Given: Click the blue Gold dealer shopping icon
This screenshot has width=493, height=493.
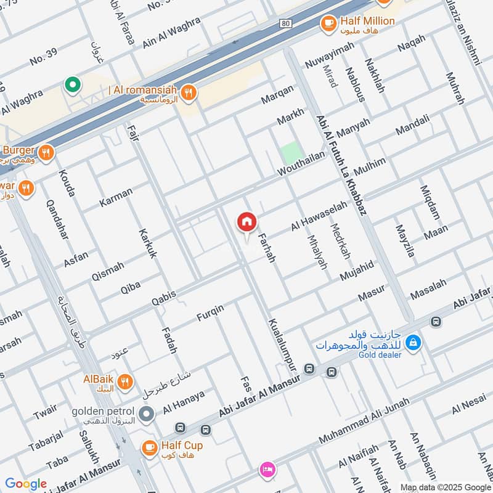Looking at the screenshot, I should [x=415, y=341].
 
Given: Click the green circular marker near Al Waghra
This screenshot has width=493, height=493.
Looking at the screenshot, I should [x=73, y=85].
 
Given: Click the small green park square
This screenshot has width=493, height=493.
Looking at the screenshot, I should [x=290, y=153].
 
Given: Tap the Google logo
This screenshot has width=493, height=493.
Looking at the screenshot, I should [x=26, y=484].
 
